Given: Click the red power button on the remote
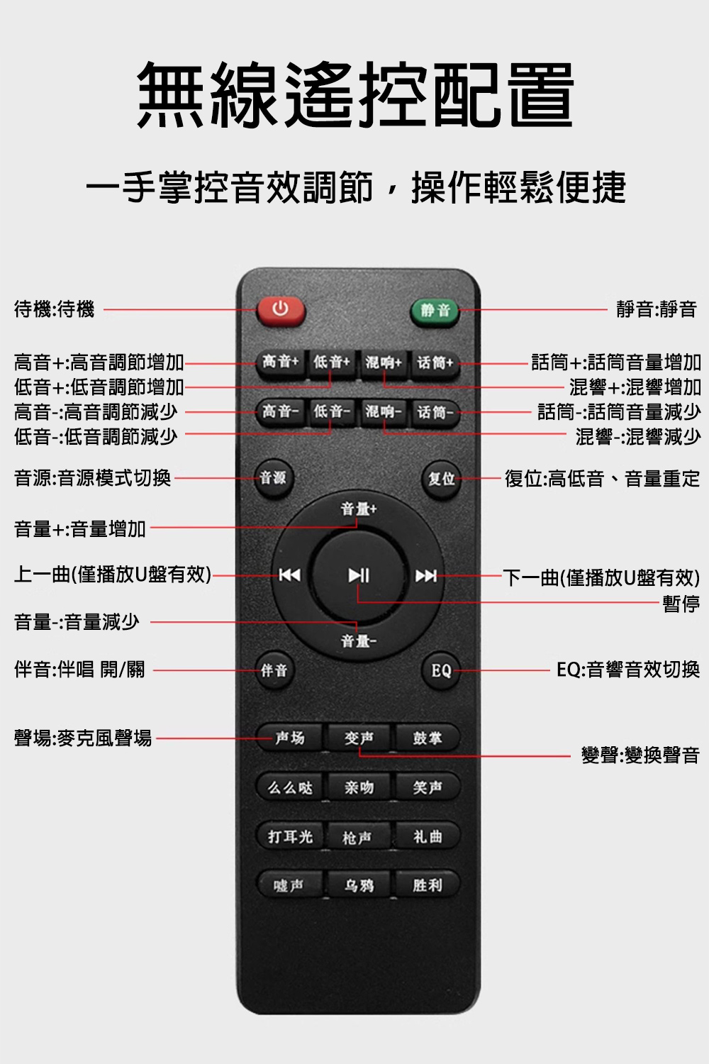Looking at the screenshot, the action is pos(281,311).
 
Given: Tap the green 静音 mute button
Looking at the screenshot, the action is pos(435,311).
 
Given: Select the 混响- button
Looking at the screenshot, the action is pos(383,412).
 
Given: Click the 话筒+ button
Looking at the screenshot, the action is pos(435,364).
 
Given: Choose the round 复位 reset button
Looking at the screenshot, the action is pos(441,479).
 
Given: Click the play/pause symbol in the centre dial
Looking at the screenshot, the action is pos(359,575).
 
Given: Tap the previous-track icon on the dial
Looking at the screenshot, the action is pos(289,575).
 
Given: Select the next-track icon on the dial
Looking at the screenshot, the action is pos(426,576).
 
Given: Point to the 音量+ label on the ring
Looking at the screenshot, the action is pos(359,509).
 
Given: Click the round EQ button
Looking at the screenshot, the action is pos(441,671).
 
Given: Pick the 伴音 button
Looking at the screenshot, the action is pos(274,670).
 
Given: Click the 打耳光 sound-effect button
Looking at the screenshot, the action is pos(291,836).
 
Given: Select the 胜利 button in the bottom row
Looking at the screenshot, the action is pos(427,885).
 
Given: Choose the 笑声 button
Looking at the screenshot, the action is pos(427,787).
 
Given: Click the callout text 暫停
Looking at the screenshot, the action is pos(681,604).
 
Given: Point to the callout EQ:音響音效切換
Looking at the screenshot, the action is pos(627,670).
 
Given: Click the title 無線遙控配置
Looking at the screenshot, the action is pos(355,94).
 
